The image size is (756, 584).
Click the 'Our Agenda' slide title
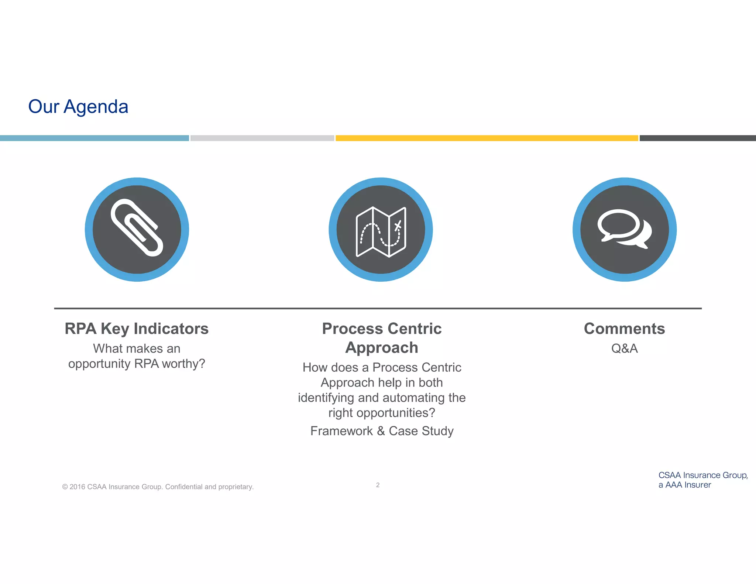click(78, 107)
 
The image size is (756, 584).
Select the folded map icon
click(381, 231)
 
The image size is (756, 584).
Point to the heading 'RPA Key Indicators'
click(137, 329)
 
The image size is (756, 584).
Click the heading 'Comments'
click(624, 329)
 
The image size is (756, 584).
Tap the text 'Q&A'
click(624, 348)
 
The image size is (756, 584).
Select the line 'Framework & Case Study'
click(382, 431)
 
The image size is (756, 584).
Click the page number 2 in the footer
click(378, 485)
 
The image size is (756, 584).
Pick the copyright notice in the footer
click(158, 487)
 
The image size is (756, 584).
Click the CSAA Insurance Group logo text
click(702, 480)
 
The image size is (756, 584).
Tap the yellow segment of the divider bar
click(487, 138)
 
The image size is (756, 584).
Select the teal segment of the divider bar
click(94, 138)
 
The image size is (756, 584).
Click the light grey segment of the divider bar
click(262, 138)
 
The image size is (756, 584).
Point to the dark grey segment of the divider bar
click(698, 138)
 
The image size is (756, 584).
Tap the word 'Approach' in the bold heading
click(382, 348)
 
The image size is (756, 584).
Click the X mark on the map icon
click(398, 226)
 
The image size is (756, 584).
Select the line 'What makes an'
click(137, 348)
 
